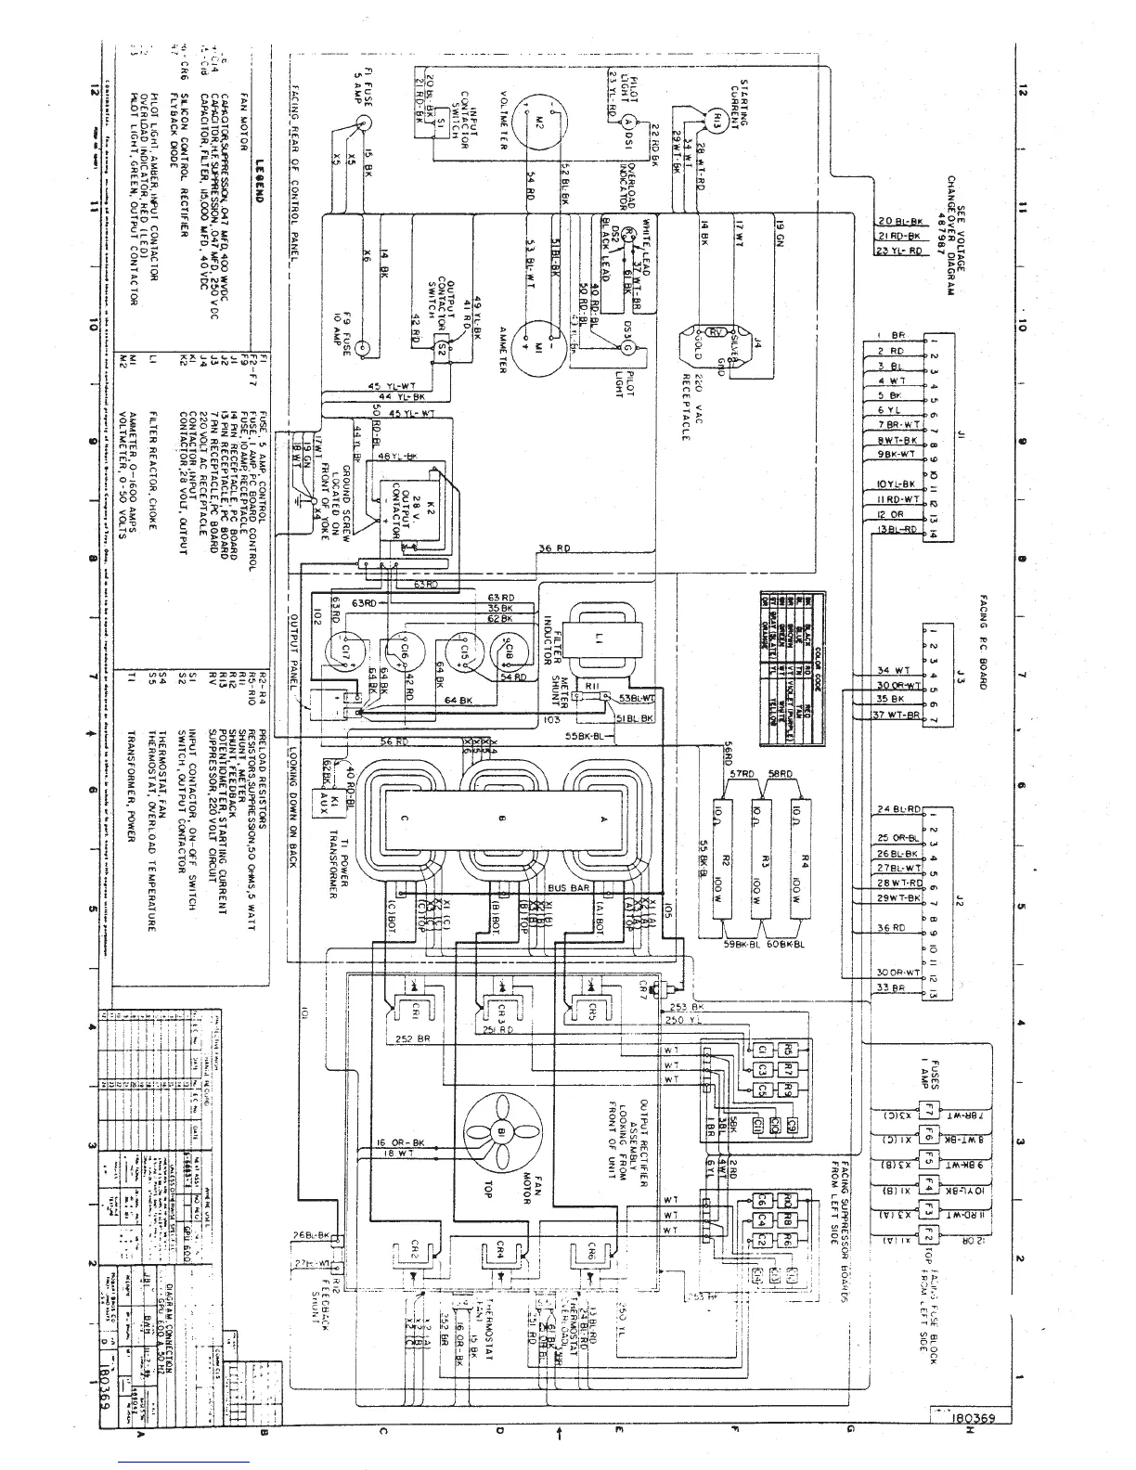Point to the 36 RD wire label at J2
891,928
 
